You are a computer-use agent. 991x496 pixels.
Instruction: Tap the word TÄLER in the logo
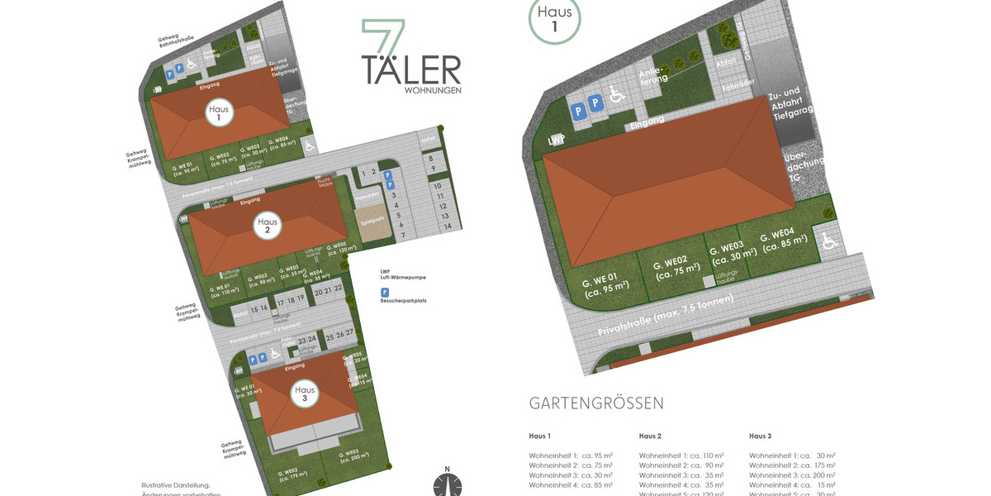[x=411, y=69]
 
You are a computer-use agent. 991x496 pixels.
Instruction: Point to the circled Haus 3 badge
[x=305, y=394]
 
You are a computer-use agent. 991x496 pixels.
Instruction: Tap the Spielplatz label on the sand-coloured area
[x=371, y=221]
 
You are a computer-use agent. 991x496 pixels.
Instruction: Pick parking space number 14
[x=446, y=226]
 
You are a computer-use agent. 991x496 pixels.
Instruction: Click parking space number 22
[x=339, y=290]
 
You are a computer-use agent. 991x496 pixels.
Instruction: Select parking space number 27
[x=349, y=335]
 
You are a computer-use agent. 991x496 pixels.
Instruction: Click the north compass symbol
[x=448, y=484]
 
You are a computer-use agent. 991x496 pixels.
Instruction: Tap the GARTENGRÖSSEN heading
[x=596, y=403]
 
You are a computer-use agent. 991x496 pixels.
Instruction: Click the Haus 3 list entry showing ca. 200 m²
[x=792, y=475]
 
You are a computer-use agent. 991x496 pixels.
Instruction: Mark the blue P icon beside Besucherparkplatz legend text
[x=384, y=293]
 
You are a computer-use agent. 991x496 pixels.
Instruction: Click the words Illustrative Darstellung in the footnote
[x=175, y=485]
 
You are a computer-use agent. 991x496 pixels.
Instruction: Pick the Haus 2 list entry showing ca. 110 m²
[x=681, y=455]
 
